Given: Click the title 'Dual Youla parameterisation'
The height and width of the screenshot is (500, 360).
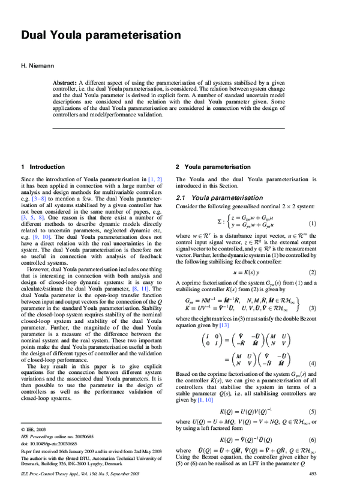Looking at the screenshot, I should (x=101, y=35).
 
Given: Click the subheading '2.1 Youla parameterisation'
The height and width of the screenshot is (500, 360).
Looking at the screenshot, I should (x=218, y=197).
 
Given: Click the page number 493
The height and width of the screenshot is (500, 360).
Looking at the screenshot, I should (x=312, y=491).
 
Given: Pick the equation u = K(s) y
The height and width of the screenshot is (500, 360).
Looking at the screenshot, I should (x=251, y=272).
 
